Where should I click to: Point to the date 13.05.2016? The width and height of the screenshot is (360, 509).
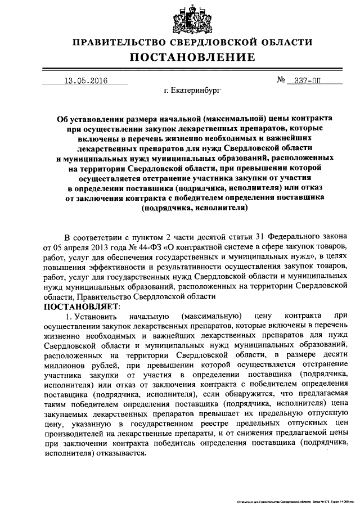(85, 80)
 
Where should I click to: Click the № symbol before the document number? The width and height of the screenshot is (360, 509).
(282, 80)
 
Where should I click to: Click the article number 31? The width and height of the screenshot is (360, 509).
(255, 236)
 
